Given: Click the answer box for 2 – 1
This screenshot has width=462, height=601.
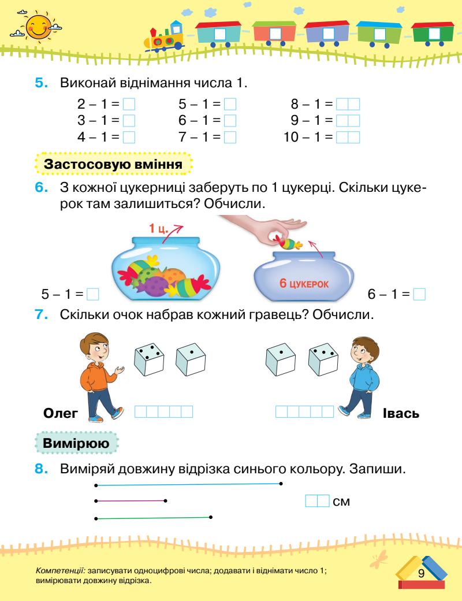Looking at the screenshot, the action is tap(129, 105).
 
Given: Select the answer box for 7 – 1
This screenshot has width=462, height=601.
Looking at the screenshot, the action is tap(230, 137).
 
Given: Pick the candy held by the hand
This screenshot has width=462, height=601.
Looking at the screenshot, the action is tap(289, 243).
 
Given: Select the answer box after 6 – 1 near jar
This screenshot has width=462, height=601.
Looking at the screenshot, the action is tap(420, 295).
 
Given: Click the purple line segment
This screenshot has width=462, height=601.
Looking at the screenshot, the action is tap(130, 500).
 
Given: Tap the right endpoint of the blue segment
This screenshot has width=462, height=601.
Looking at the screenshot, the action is tap(281, 483).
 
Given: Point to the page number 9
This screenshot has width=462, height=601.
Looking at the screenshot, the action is tap(421, 573).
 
